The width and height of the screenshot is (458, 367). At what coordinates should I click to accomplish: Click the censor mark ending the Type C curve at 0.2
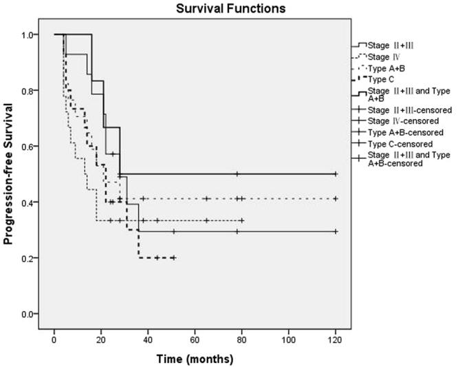(x=173, y=258)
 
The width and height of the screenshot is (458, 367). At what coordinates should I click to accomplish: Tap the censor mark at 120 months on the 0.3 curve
(x=335, y=231)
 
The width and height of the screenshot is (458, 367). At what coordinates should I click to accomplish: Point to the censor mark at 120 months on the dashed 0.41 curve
(x=335, y=198)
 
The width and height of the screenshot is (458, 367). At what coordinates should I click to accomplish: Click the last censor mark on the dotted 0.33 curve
(x=242, y=221)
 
